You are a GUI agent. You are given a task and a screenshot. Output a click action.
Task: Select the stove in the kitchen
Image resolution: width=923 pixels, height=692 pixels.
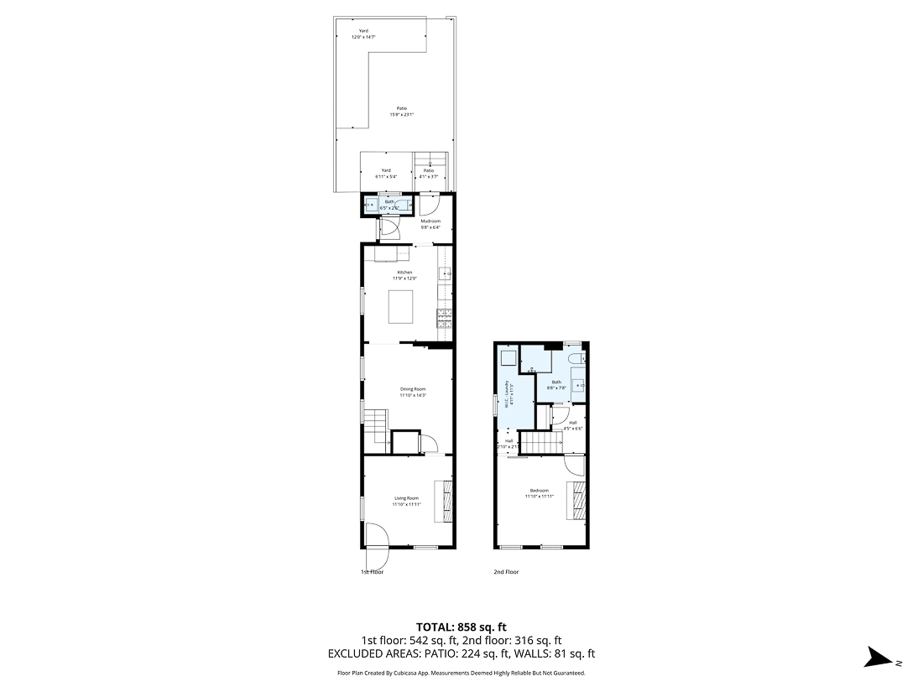tap(444, 317)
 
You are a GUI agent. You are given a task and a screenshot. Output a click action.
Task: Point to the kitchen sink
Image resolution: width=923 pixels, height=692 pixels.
tap(445, 273)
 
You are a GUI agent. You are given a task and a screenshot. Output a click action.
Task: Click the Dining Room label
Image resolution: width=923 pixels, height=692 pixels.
tap(413, 392)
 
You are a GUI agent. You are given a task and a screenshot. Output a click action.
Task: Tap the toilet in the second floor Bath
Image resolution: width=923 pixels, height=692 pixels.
tap(576, 360)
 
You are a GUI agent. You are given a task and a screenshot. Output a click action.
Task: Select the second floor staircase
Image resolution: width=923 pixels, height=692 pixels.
tap(542, 441)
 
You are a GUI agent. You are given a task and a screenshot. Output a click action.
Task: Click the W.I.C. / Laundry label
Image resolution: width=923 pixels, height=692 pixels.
tap(508, 394)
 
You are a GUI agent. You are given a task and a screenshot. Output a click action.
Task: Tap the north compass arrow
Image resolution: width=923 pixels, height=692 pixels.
tap(882, 658)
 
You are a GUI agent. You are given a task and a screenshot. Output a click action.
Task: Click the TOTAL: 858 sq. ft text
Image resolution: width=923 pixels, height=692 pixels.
tap(461, 627)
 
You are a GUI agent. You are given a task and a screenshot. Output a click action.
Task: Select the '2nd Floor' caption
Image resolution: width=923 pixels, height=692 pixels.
tap(506, 572)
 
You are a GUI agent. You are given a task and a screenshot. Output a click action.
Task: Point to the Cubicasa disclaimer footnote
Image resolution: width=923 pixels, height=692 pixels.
tap(461, 673)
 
